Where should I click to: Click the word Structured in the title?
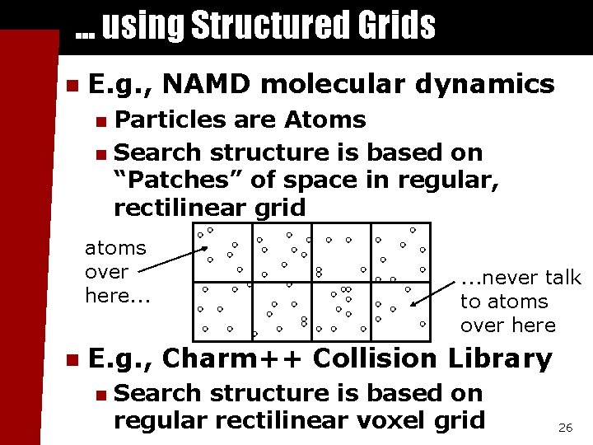[x=269, y=25]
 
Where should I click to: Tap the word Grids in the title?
[x=397, y=25]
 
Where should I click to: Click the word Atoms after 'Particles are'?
[x=325, y=119]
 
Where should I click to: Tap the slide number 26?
[x=565, y=428]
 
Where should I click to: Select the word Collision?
[x=376, y=358]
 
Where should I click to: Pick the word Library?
[x=501, y=358]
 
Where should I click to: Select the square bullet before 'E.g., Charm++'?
[x=72, y=360]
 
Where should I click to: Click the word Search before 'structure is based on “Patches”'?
[x=158, y=152]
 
